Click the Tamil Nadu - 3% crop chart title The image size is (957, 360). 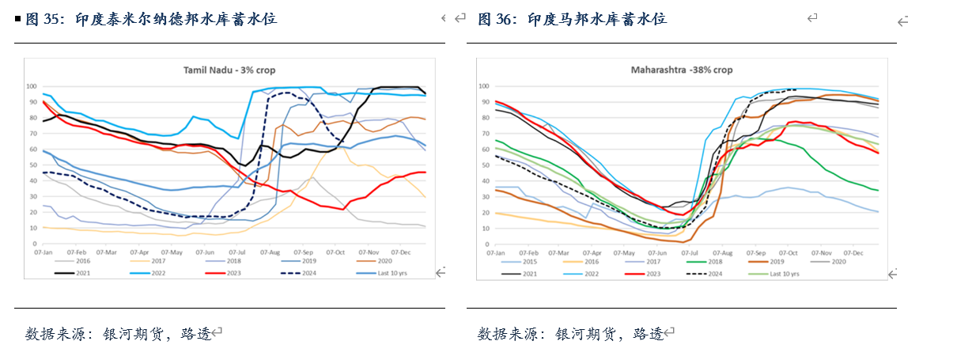pyautogui.click(x=229, y=70)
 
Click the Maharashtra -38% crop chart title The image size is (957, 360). pyautogui.click(x=681, y=70)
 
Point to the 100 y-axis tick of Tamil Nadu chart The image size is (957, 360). pyautogui.click(x=32, y=86)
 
